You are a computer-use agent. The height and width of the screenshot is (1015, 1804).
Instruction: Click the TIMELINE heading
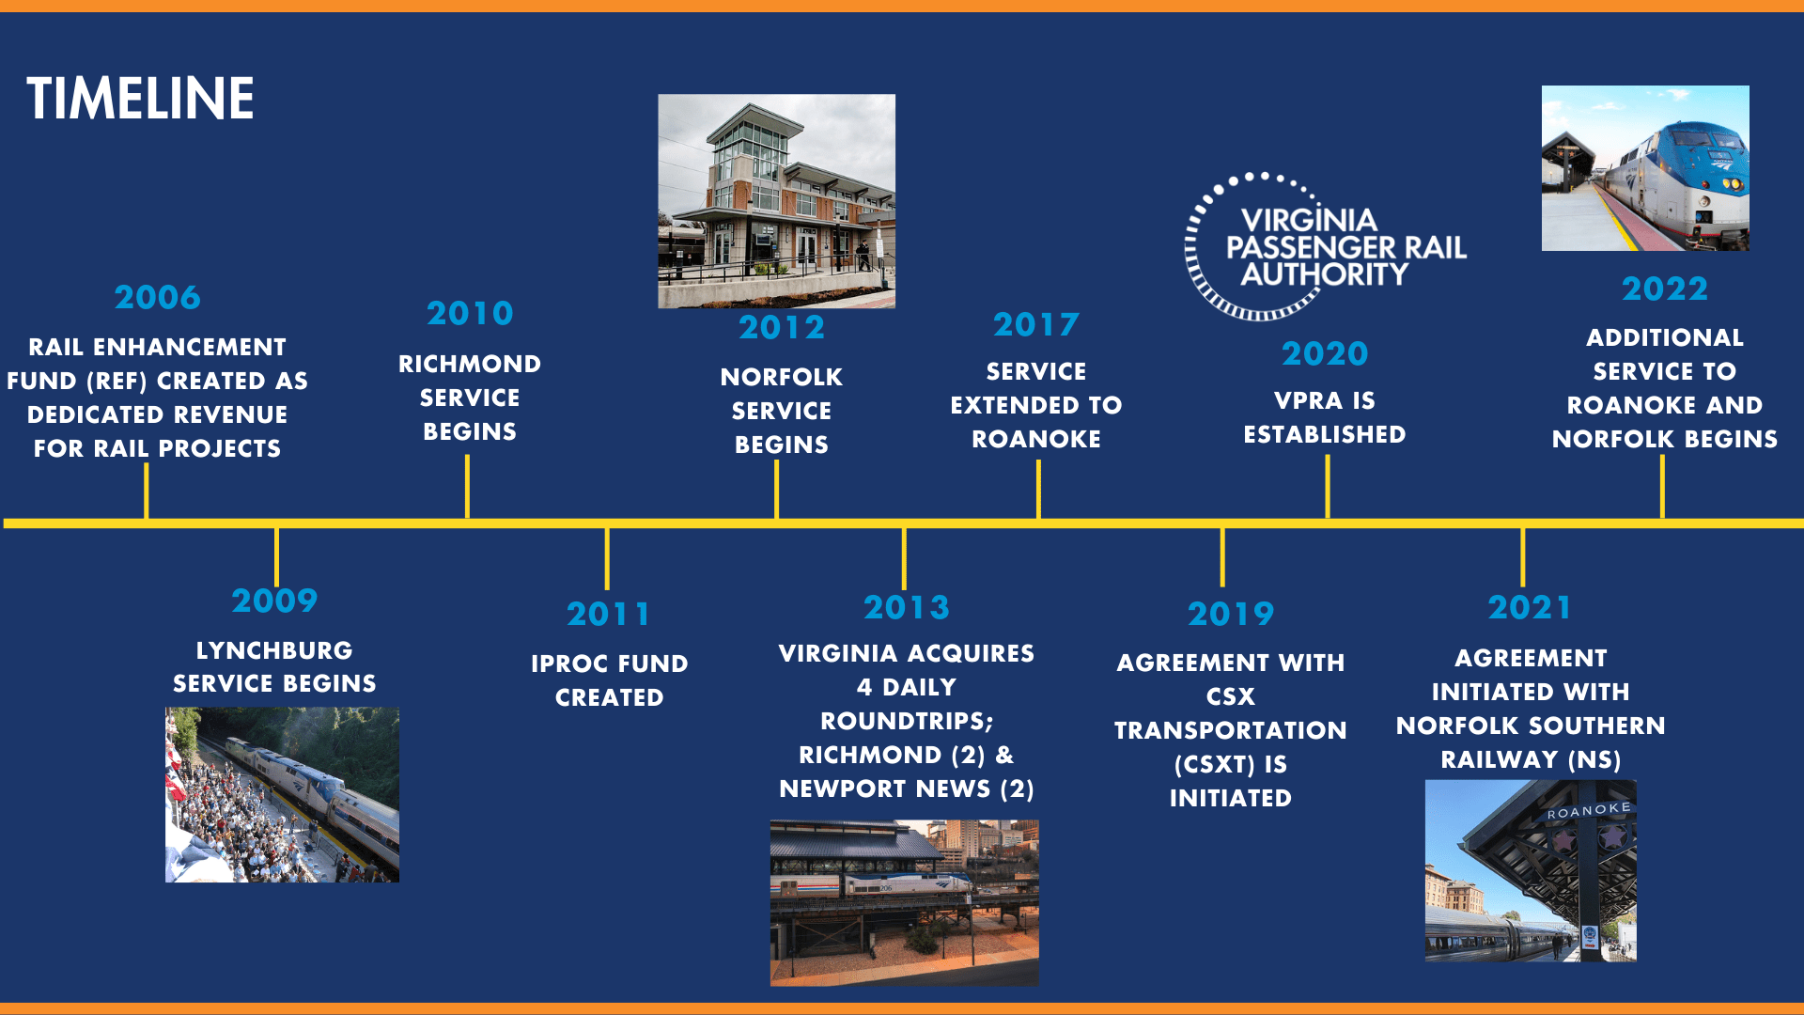[141, 99]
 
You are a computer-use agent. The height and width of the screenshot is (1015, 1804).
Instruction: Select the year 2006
[158, 298]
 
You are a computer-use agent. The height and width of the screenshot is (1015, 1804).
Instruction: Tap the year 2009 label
[274, 601]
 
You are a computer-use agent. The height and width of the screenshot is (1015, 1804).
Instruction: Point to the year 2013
[907, 608]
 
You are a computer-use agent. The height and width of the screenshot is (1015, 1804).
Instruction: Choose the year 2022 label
[1664, 289]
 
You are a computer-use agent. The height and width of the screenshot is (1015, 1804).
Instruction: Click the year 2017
[1036, 325]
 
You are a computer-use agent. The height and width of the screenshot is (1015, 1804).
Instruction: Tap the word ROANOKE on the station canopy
[1589, 810]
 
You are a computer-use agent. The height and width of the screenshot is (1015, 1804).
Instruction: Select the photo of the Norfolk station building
[776, 200]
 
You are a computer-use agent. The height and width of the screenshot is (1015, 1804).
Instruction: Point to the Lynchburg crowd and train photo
[282, 795]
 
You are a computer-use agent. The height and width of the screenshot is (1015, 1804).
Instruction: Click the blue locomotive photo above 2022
[1645, 168]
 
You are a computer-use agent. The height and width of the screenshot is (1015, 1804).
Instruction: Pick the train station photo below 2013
[904, 902]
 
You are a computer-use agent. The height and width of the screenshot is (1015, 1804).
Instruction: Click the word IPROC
[569, 664]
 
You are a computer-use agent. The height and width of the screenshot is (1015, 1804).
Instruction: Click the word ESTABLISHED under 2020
[1325, 435]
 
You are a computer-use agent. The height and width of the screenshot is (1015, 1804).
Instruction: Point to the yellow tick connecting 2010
[467, 487]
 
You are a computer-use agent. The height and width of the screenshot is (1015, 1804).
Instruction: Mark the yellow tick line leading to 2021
[1522, 557]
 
